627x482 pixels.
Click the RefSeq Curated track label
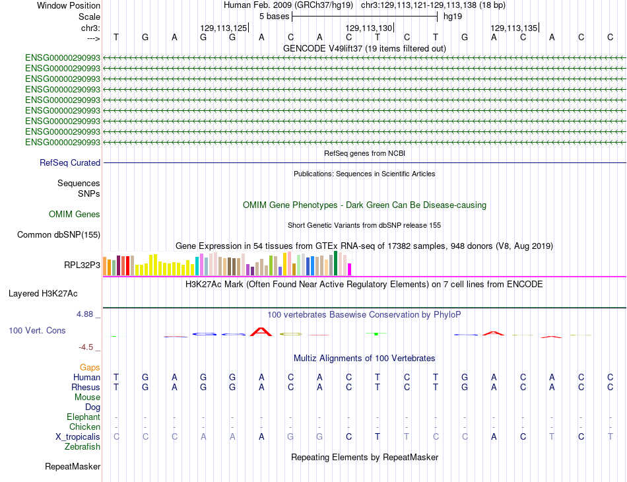[70, 163]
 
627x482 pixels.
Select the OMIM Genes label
[75, 215]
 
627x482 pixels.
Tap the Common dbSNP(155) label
[59, 235]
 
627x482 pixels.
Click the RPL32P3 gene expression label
[82, 265]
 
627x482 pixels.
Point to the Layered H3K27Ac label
[43, 294]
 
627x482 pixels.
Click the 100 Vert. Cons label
[37, 330]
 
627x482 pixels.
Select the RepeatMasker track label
[73, 466]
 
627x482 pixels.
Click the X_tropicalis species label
[78, 437]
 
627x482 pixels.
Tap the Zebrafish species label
[82, 447]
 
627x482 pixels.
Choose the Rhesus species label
[86, 387]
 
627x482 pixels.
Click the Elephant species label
[83, 417]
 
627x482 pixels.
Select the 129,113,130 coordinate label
[369, 28]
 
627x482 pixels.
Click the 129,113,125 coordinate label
[224, 28]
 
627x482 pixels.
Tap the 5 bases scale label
[275, 17]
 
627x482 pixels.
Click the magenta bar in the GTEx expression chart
[350, 269]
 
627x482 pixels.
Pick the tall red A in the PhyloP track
[261, 332]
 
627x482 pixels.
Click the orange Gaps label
[90, 368]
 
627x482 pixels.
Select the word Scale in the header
[89, 17]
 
